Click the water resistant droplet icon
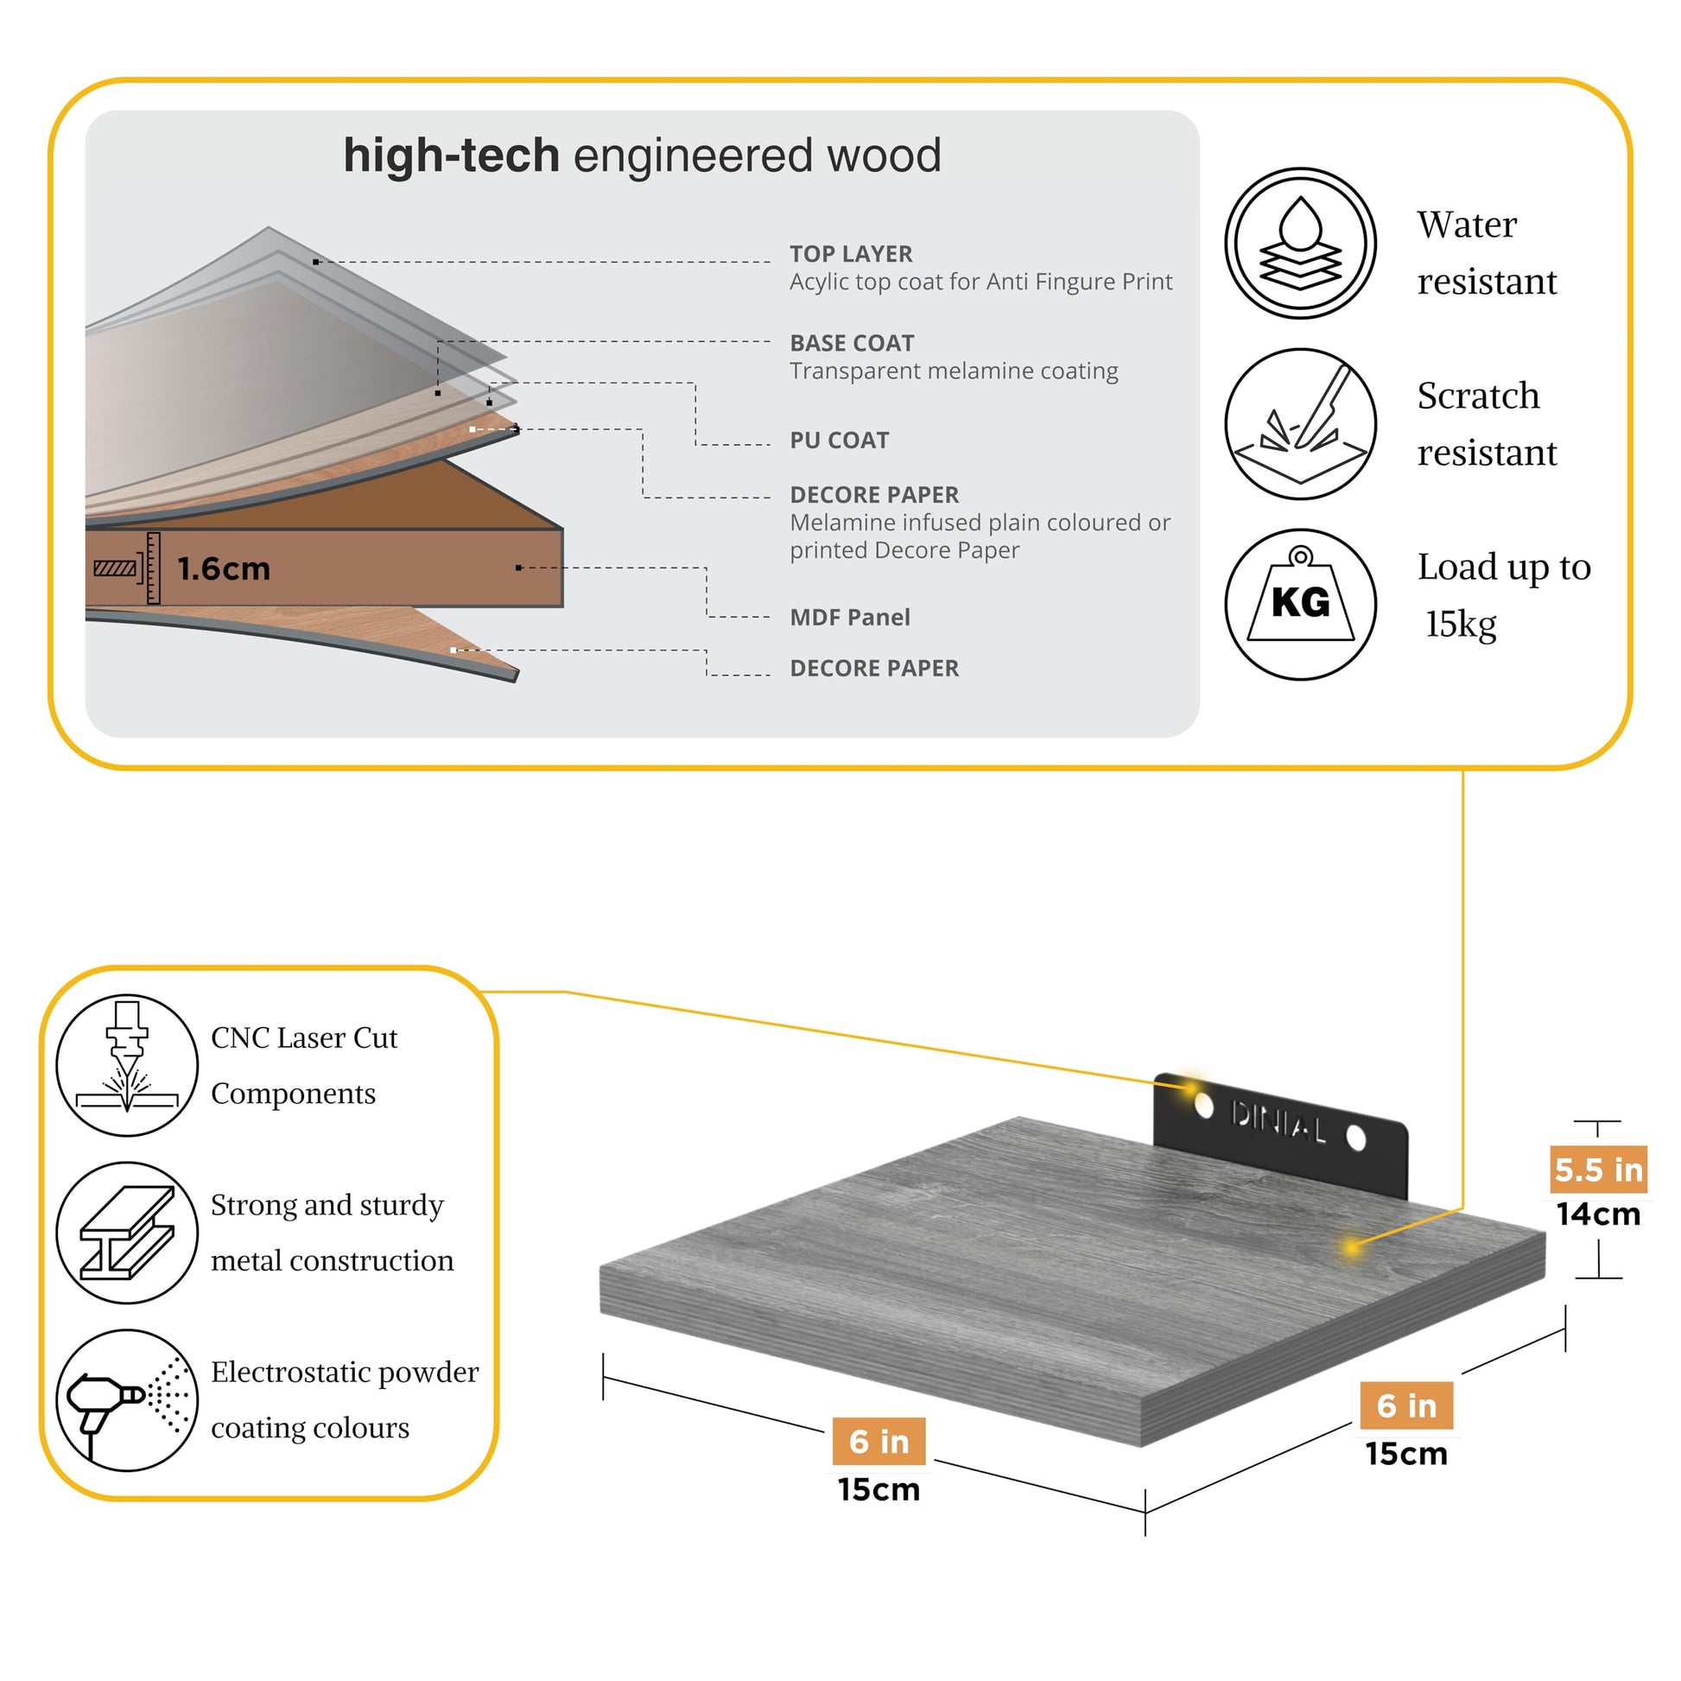[1300, 244]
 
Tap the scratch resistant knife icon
[1300, 424]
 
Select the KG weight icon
[1300, 604]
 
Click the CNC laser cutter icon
[127, 1065]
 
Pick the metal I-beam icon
[127, 1232]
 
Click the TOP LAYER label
[851, 254]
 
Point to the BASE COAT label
[852, 343]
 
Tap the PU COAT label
[839, 441]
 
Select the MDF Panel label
[849, 617]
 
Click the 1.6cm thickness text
[224, 569]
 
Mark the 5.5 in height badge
[1598, 1170]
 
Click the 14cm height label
[1598, 1214]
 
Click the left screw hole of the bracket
[1204, 1105]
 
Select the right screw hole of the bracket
[1355, 1137]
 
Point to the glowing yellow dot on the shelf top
[1351, 1247]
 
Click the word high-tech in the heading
[451, 155]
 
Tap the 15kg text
[1461, 624]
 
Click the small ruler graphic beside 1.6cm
[153, 568]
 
